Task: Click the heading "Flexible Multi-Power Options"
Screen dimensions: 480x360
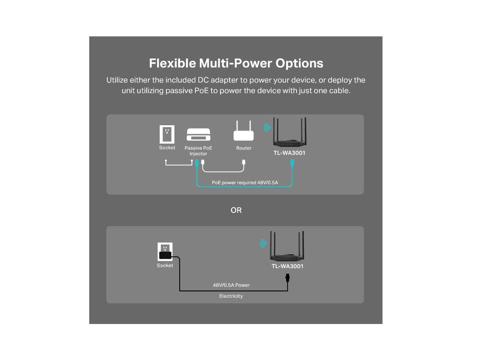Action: [236, 63]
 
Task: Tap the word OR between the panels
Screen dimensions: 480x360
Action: [236, 210]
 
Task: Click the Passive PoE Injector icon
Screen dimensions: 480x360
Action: [198, 134]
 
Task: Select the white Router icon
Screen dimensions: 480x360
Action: [243, 131]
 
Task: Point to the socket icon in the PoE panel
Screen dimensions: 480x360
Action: [167, 134]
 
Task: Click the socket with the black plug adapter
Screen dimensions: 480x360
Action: [165, 252]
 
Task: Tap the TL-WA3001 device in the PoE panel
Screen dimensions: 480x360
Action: [289, 133]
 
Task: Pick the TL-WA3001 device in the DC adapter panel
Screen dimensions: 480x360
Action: [287, 247]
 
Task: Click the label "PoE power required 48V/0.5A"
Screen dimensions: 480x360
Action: [245, 183]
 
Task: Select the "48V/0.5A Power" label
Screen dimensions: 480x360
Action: [231, 285]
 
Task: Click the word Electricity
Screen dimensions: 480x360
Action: [231, 296]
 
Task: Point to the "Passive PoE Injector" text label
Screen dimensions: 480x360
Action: [198, 151]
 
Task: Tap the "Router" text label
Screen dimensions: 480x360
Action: [244, 148]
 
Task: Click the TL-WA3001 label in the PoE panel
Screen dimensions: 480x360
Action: [289, 153]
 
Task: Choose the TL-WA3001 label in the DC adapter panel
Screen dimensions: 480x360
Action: [287, 266]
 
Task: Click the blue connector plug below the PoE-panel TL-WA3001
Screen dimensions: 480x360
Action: [292, 163]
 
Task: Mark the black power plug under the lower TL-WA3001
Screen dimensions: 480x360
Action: [288, 278]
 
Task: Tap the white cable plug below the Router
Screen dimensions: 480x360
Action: [244, 162]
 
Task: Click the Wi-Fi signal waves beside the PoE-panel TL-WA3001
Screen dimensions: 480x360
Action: [267, 127]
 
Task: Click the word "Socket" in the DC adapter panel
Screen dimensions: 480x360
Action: [165, 265]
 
